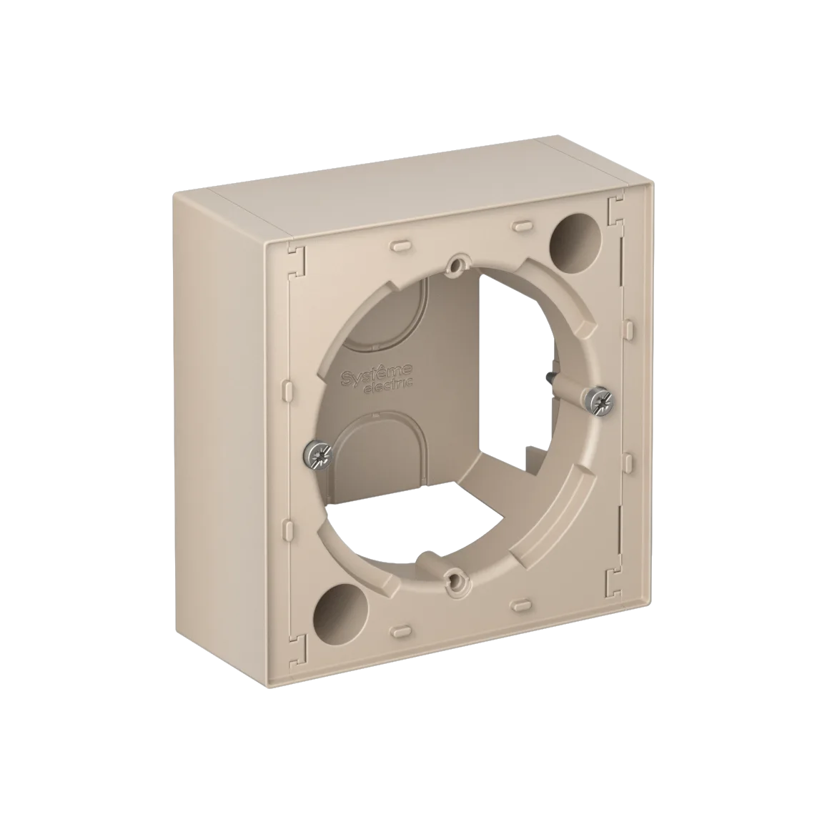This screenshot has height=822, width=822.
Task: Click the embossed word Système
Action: pos(377,372)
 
